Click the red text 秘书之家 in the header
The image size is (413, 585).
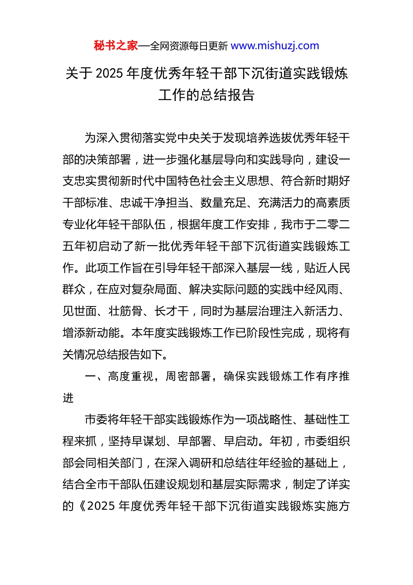click(x=116, y=46)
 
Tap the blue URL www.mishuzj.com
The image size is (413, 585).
click(x=275, y=46)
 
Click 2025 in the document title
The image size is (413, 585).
click(x=110, y=74)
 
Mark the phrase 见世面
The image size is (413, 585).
click(x=80, y=311)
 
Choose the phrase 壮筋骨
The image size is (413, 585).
click(x=126, y=311)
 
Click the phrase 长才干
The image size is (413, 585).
click(x=172, y=311)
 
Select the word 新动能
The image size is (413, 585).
click(x=103, y=333)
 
